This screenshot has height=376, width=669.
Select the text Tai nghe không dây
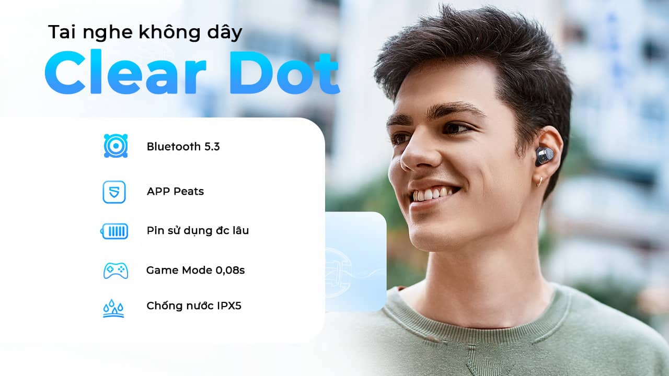(145, 32)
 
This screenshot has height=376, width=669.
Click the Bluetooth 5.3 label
(183, 147)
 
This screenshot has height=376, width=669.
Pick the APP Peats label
(175, 192)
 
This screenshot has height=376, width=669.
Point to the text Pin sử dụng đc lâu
(198, 230)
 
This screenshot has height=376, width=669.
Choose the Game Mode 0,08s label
(195, 271)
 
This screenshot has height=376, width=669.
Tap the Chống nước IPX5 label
(194, 306)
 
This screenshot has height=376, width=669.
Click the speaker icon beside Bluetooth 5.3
(115, 146)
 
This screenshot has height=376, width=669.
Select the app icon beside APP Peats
(114, 192)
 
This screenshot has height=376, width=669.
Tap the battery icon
(114, 231)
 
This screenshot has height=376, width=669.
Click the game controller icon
(116, 271)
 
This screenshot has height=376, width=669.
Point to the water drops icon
(113, 308)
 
